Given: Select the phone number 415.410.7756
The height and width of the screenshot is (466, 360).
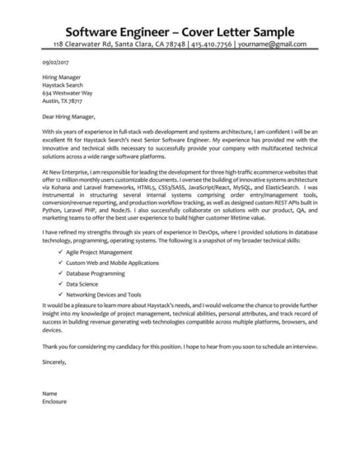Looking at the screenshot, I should click(x=214, y=44).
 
